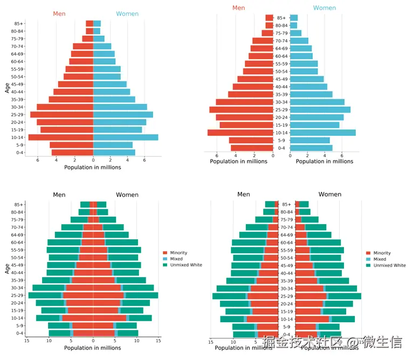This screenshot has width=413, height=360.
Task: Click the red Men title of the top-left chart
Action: pos(59,13)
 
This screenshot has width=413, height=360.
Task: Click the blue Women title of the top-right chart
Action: pos(325,8)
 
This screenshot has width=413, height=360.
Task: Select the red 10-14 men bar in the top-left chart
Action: pos(60,137)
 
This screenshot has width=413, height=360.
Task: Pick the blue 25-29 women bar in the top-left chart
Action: pos(123,114)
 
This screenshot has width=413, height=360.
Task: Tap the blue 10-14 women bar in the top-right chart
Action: pos(322,133)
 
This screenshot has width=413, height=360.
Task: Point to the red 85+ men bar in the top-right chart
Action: pos(269,18)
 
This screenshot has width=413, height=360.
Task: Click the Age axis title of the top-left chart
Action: pos(7,87)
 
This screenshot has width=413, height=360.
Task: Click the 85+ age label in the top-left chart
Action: pos(19,23)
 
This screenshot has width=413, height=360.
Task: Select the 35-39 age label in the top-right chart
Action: pos(281,94)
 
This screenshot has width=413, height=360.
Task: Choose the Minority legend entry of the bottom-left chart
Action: pos(178,253)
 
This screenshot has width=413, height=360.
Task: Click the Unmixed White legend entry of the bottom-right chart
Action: pos(389,265)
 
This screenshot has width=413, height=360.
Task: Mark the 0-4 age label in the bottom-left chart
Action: pos(19,333)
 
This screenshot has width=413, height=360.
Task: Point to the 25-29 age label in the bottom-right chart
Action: pos(286,296)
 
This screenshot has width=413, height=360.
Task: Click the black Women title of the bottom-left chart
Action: pos(127,195)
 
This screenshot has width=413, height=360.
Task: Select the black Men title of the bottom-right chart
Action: pos(244,194)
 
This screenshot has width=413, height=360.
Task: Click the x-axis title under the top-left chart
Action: pos(93,167)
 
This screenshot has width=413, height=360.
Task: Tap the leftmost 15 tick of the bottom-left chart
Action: pos(26,341)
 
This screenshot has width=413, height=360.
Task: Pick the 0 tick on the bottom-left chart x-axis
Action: pos(93,341)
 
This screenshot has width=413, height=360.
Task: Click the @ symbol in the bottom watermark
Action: pos(352,342)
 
